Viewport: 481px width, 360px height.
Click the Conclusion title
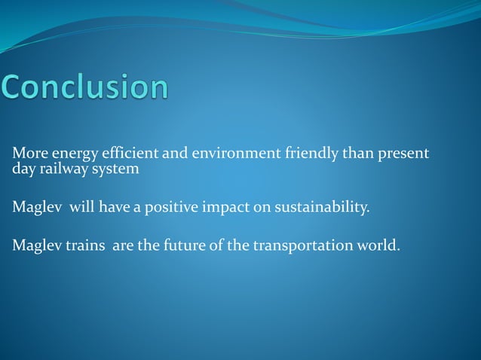(x=84, y=87)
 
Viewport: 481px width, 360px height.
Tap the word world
(x=374, y=246)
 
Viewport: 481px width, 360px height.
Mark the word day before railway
(x=23, y=169)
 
